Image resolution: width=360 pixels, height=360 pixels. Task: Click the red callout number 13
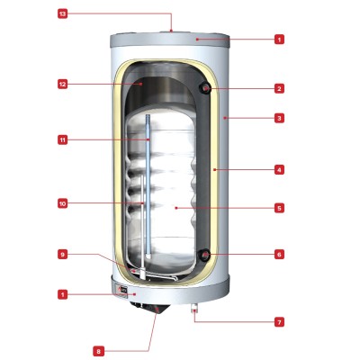62,14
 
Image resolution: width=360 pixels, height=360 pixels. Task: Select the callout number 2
279,88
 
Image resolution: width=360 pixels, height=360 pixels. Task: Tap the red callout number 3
279,118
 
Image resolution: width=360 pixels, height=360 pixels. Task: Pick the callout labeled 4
279,170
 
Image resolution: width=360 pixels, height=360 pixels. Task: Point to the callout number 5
279,208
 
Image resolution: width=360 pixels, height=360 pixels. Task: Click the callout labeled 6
279,255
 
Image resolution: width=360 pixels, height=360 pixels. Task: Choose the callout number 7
279,322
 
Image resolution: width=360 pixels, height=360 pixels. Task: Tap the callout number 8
98,351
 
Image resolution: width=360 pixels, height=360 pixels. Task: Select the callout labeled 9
62,255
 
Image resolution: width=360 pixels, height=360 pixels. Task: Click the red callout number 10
62,204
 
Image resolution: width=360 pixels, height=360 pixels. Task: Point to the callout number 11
62,139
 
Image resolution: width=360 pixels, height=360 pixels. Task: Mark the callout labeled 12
62,85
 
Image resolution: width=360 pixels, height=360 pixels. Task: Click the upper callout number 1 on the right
279,40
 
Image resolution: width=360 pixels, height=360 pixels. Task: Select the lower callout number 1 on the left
62,295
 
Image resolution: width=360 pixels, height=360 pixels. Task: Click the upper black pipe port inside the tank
205,88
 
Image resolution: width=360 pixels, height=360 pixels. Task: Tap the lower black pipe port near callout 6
204,255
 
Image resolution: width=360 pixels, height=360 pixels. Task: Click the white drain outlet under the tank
194,309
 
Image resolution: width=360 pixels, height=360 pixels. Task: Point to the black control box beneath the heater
150,308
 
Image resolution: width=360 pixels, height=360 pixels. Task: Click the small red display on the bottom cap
123,291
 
